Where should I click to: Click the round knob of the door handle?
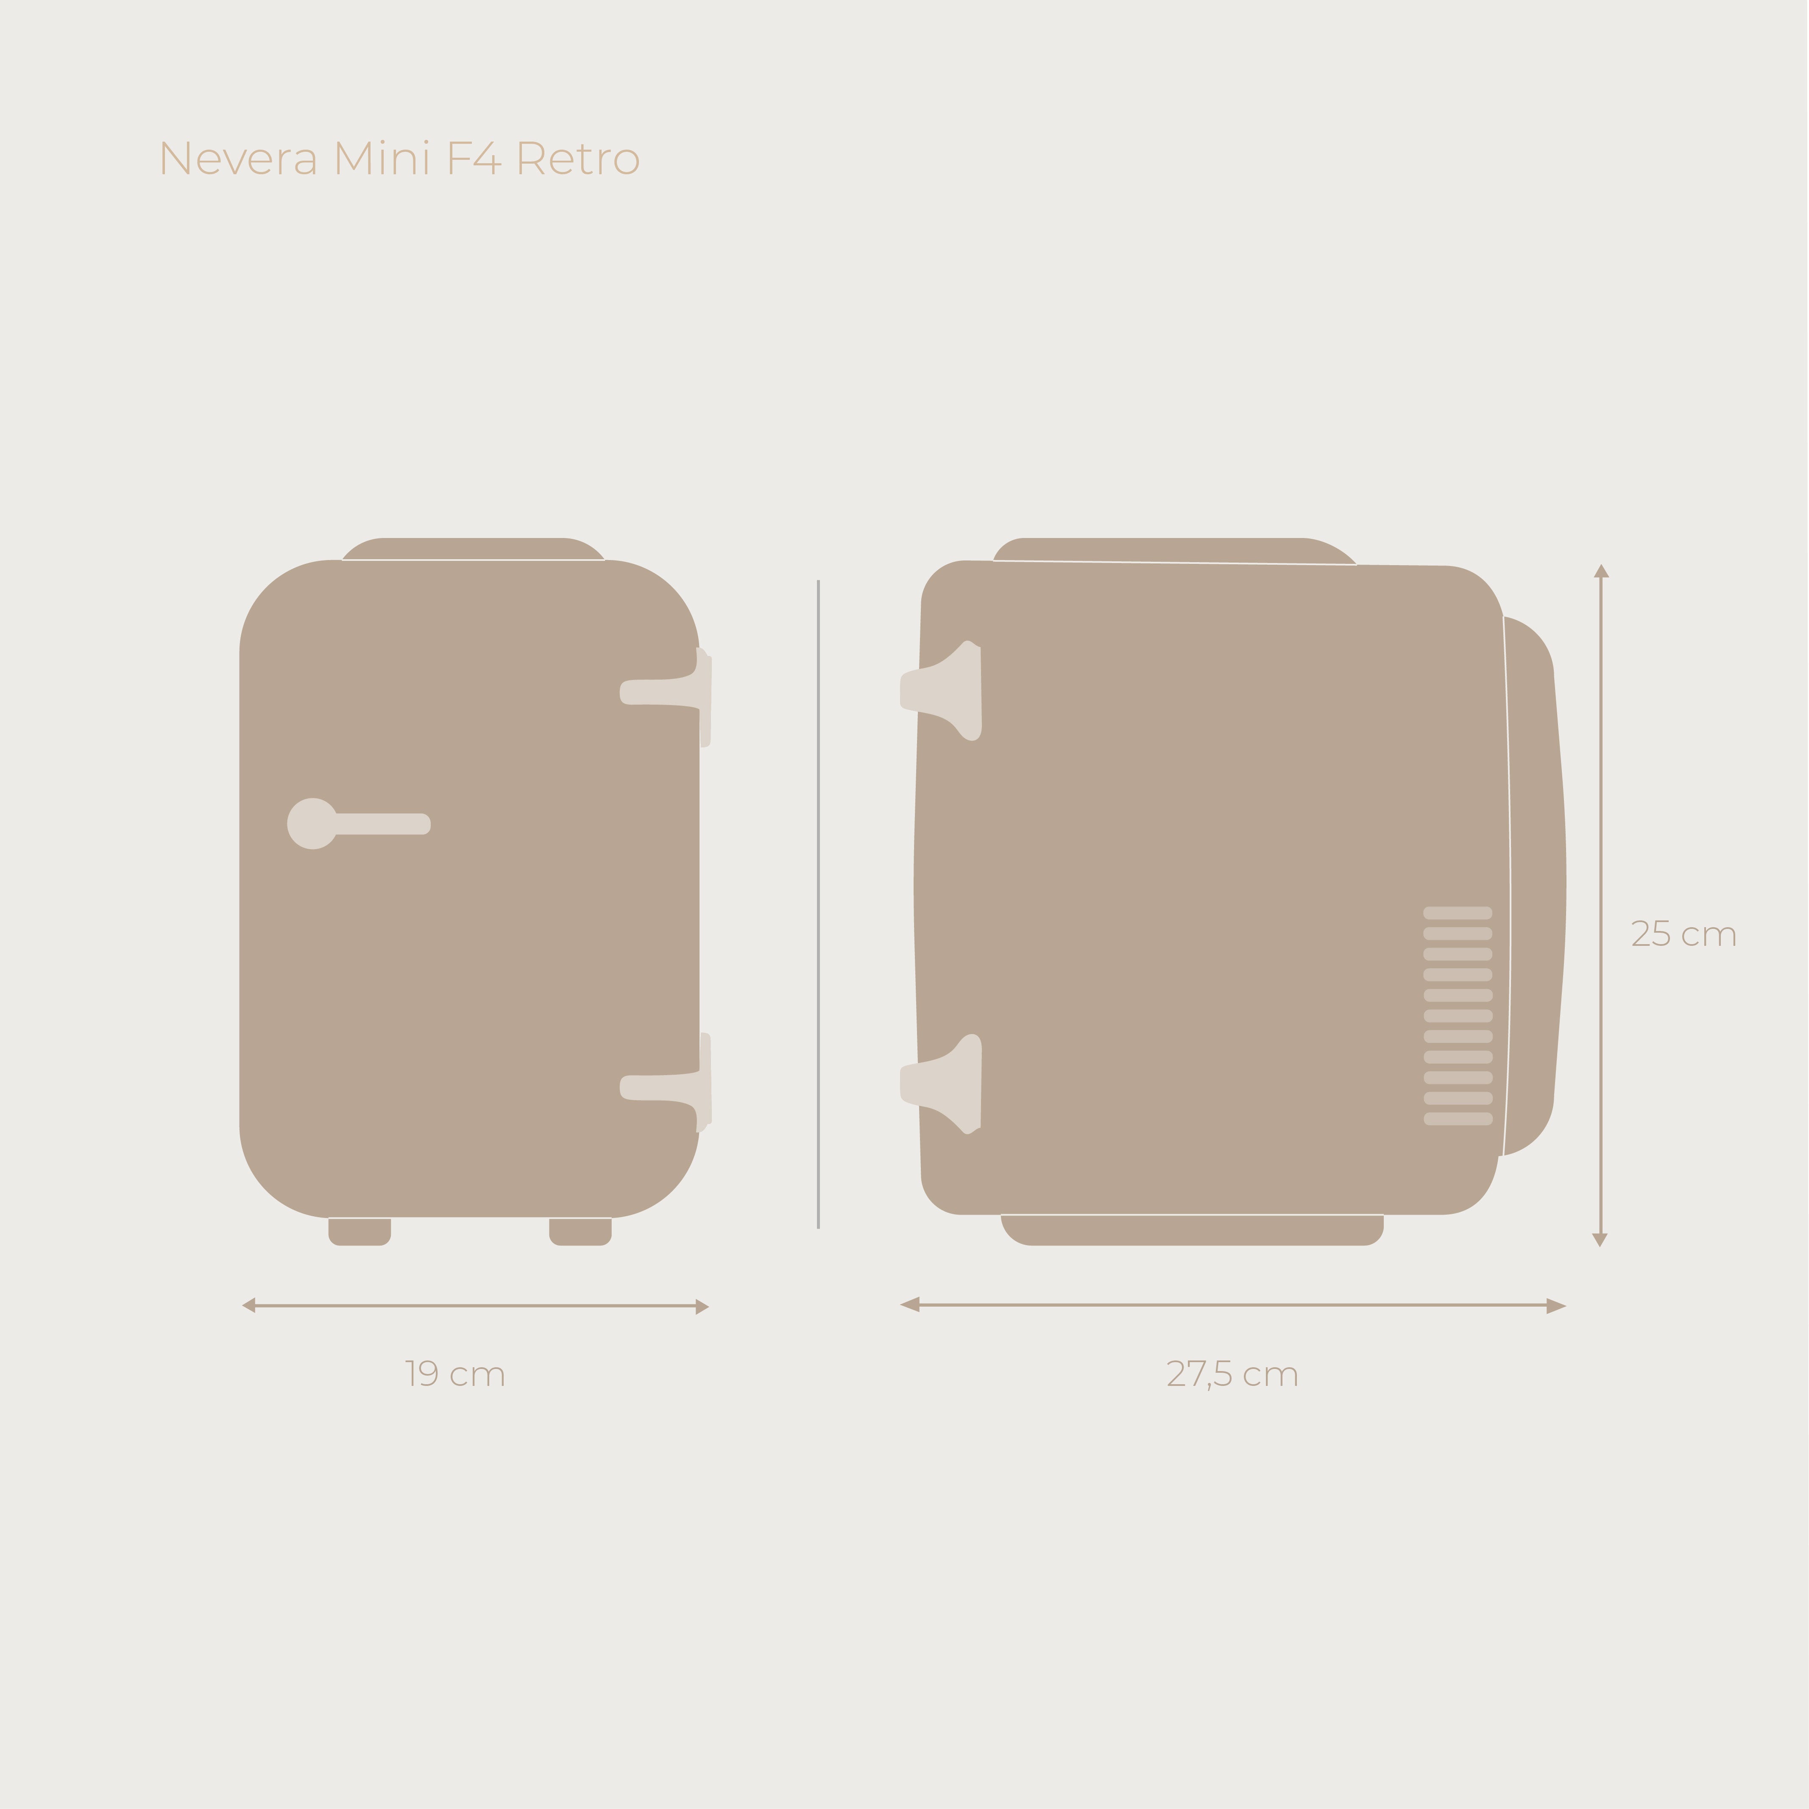point(312,824)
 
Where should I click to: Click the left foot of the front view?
point(360,1231)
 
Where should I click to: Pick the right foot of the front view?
point(580,1231)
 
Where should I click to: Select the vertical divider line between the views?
point(818,903)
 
